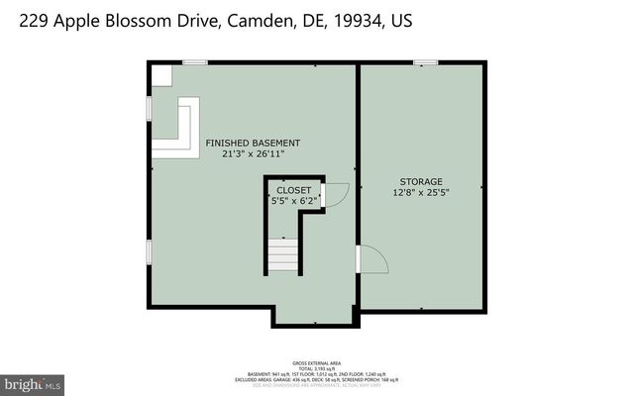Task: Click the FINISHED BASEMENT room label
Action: click(253, 144)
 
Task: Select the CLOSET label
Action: click(293, 190)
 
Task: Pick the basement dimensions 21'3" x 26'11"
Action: click(253, 154)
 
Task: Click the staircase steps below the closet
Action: click(283, 256)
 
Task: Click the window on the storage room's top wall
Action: click(425, 63)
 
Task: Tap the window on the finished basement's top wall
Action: click(195, 63)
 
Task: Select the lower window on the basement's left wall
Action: click(150, 251)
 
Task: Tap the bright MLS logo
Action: click(33, 382)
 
